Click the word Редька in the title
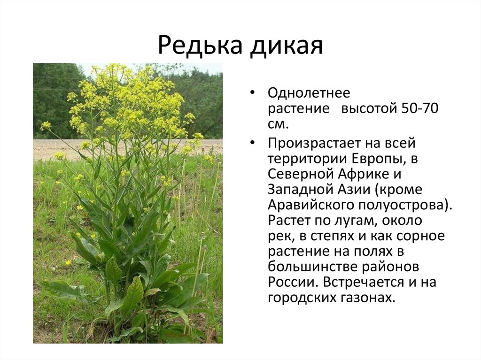tap(200, 46)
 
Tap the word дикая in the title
tap(287, 46)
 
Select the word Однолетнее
tap(309, 92)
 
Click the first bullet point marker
tap(252, 92)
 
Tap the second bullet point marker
tap(252, 143)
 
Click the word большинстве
tap(312, 267)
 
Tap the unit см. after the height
tap(279, 124)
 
